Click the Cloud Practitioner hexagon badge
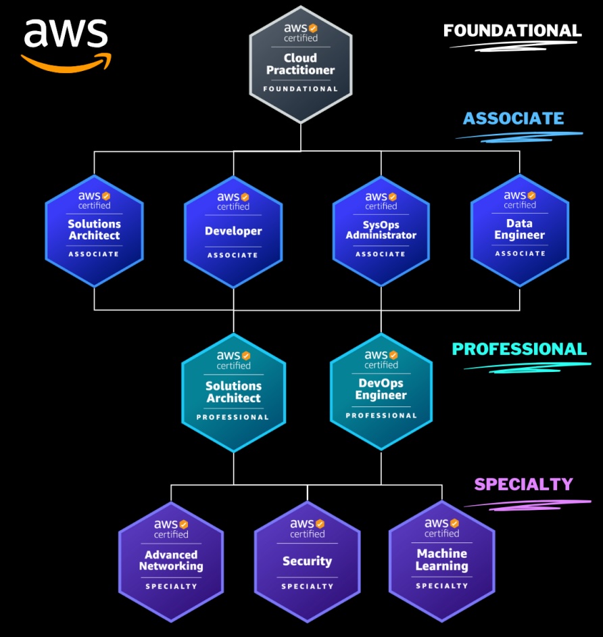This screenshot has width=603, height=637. point(300,64)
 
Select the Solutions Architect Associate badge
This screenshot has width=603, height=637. point(94,230)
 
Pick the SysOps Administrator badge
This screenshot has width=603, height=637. point(381,230)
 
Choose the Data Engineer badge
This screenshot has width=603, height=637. point(519,230)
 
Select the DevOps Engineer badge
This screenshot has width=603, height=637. point(381,391)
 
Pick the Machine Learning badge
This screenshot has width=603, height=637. point(441,560)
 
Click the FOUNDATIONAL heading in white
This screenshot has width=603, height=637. point(512,30)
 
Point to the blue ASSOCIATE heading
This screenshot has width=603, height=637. point(513,119)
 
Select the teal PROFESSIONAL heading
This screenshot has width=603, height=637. point(519,349)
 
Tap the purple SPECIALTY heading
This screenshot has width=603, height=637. point(523,484)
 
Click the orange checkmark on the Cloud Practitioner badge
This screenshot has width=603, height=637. point(313,28)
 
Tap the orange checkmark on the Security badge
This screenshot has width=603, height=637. point(320,523)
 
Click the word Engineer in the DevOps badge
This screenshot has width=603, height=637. point(381,395)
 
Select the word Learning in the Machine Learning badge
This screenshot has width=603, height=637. point(441,566)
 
